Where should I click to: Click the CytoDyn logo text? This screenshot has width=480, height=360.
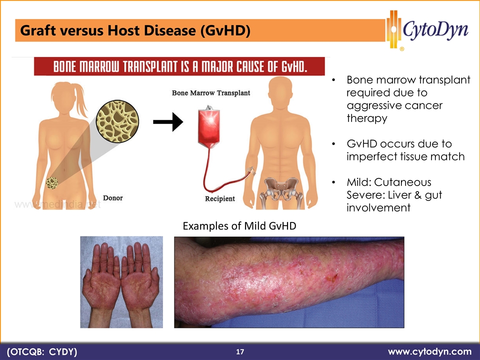click(435, 30)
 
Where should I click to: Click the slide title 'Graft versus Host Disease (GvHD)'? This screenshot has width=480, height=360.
click(135, 30)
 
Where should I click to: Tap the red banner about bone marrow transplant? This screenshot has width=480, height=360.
click(179, 66)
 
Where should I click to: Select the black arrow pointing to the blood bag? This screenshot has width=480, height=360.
click(168, 122)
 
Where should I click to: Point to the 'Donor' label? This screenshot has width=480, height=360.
click(113, 198)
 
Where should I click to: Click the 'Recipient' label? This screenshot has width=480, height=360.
click(220, 198)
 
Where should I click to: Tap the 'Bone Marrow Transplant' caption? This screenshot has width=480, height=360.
click(211, 93)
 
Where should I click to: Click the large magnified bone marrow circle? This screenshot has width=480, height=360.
click(117, 121)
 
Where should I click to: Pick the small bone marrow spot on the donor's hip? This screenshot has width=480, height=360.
click(52, 183)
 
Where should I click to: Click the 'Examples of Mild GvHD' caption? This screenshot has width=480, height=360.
click(239, 226)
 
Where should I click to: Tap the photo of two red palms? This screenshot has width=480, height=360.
click(121, 282)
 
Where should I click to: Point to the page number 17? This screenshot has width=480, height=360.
click(240, 351)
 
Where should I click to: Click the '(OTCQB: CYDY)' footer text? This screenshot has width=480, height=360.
click(42, 351)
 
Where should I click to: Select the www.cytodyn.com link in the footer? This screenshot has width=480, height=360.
click(430, 351)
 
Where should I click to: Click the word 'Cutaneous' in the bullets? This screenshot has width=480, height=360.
click(402, 182)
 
